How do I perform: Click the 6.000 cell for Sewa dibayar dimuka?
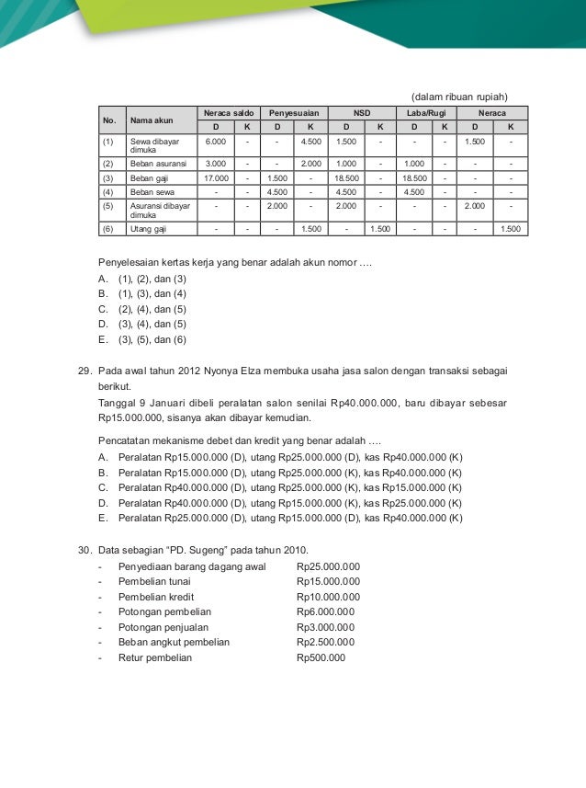coord(215,143)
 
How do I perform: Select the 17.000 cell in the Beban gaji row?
coord(215,177)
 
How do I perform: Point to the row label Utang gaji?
coord(147,228)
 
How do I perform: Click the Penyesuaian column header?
coord(293,111)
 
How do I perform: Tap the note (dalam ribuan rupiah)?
coord(459,96)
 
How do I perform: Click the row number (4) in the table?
coord(107,192)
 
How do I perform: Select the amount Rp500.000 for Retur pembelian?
coord(321,657)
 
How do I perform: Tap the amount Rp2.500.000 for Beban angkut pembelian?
coord(325,642)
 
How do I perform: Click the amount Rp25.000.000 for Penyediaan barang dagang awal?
coord(328,566)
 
